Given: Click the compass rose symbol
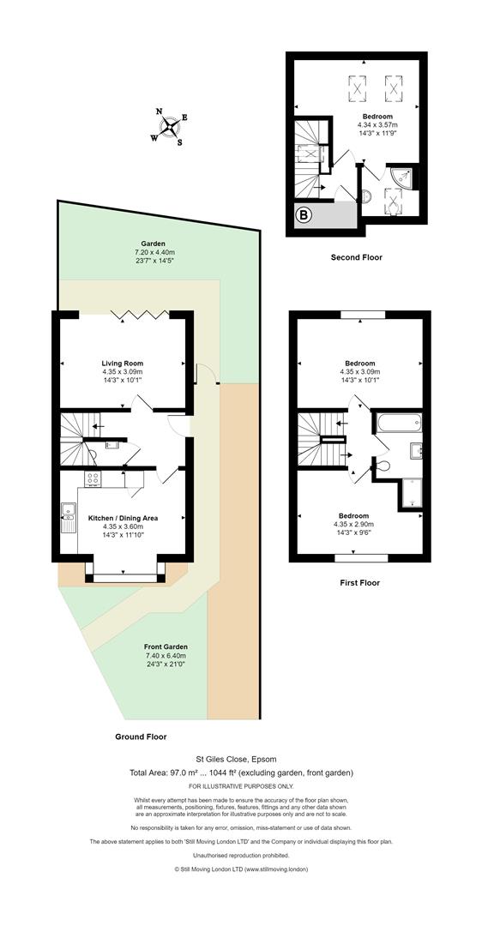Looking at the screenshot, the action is [170, 126].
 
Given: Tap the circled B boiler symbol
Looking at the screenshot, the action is [303, 215].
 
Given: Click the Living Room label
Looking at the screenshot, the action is [123, 364].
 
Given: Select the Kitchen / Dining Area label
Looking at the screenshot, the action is [123, 518].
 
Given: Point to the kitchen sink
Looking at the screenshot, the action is [67, 516].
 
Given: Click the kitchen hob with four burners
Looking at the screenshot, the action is [93, 479].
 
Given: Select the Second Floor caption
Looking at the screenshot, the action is [356, 257].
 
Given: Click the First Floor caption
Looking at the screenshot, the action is [359, 583].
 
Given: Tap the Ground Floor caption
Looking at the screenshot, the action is [141, 737].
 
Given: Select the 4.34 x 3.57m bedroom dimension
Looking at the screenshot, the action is [377, 125].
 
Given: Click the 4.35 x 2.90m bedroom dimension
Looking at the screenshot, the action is [359, 524].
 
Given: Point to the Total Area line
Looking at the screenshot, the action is [242, 773].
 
